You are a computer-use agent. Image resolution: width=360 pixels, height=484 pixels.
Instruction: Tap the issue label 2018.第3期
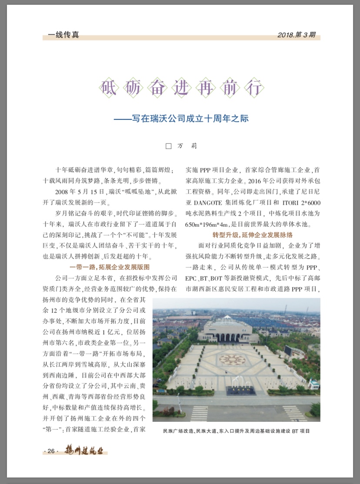tap(296, 35)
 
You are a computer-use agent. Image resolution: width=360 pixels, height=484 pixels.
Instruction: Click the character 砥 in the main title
tap(109, 88)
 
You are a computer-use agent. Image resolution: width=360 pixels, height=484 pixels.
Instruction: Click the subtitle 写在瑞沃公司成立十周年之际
tap(184, 118)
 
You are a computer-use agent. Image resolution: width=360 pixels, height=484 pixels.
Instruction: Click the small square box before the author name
tap(169, 146)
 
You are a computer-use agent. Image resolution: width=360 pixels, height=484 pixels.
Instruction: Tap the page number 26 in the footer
tap(51, 451)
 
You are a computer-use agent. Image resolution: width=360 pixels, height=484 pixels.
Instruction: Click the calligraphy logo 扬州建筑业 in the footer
tap(83, 451)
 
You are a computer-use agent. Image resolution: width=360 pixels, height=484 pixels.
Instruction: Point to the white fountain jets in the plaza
tap(238, 382)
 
